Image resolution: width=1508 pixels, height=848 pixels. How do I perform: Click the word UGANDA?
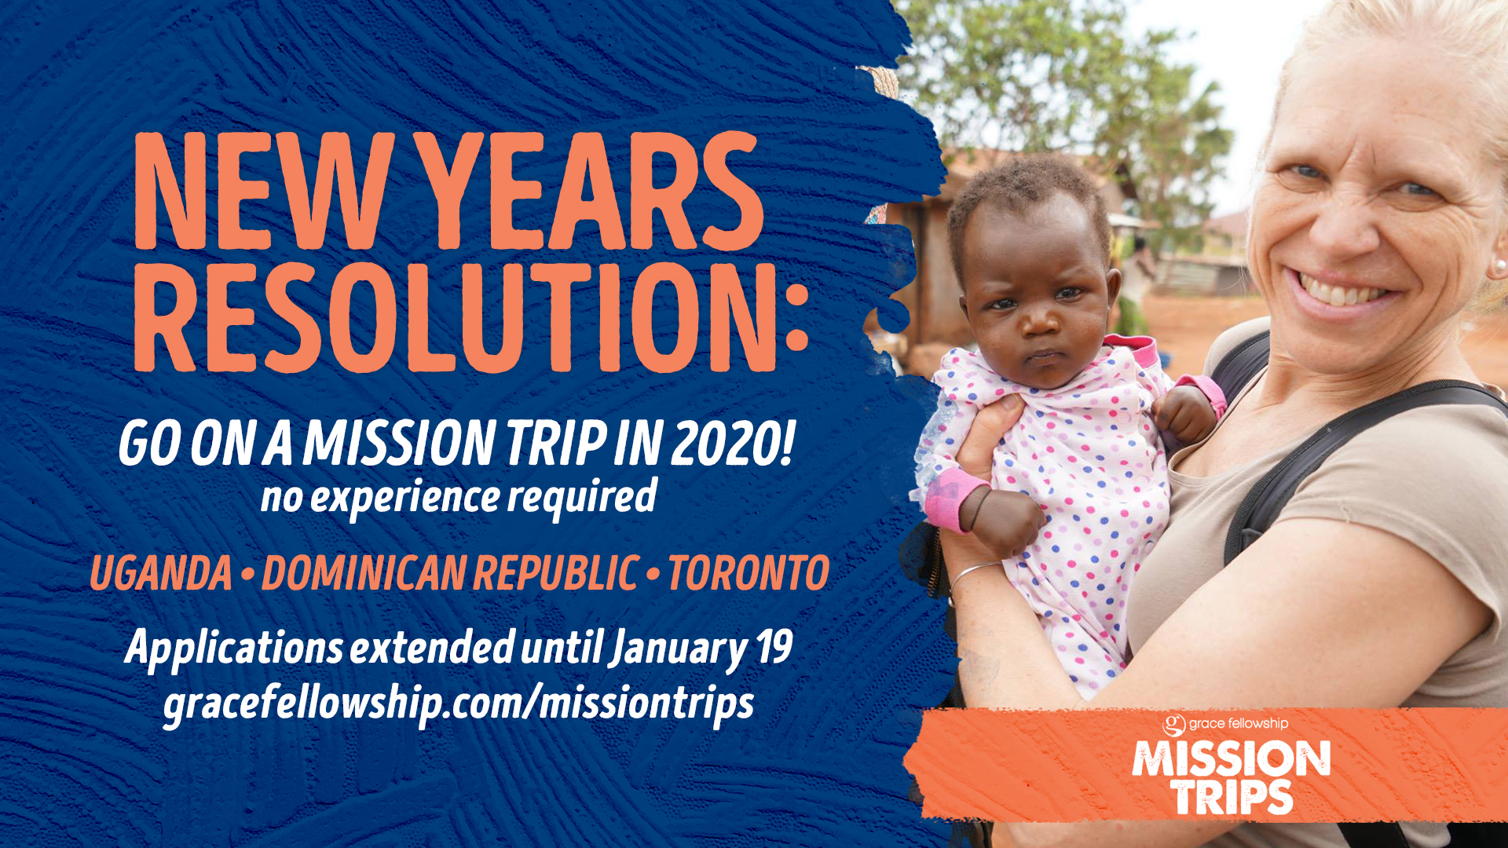pos(161,573)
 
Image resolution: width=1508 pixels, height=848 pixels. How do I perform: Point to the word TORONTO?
pos(749,573)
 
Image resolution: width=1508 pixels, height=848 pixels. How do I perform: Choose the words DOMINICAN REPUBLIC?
pos(450,573)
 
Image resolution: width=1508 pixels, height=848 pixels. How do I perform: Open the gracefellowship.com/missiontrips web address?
pos(459,703)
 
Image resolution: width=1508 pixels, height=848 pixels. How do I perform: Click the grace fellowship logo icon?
pos(1174,724)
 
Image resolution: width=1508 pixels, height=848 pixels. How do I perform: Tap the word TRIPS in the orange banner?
pos(1232,797)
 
